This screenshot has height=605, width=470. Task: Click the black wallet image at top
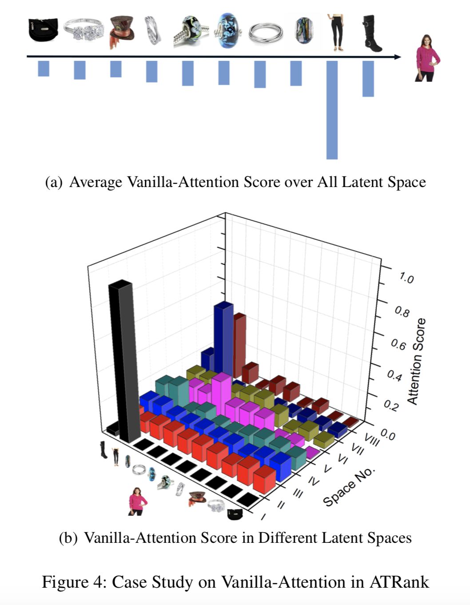[x=43, y=30]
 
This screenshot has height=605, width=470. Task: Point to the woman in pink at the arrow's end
[x=427, y=58]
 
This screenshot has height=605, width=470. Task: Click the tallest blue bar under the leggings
[x=332, y=110]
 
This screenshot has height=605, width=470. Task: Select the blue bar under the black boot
[x=368, y=79]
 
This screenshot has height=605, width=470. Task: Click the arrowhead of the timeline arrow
[x=398, y=57]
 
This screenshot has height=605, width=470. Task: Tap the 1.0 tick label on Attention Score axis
[x=406, y=279]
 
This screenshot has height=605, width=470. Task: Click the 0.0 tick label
[x=387, y=435]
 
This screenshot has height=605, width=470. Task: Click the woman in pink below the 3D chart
[x=137, y=501]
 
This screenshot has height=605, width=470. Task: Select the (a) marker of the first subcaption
[x=54, y=182]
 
